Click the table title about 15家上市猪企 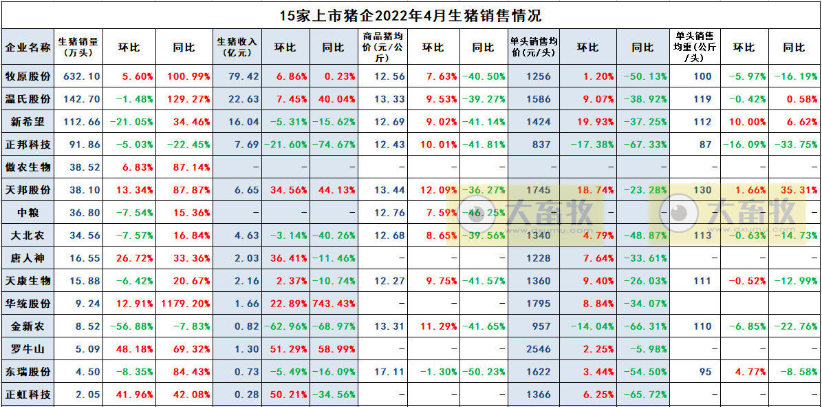pyautogui.click(x=410, y=14)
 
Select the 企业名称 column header pyautogui.click(x=28, y=48)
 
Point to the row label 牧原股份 pyautogui.click(x=28, y=76)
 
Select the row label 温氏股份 pyautogui.click(x=28, y=99)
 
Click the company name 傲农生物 pyautogui.click(x=28, y=167)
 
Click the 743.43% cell pyautogui.click(x=333, y=304)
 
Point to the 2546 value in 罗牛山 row pyautogui.click(x=539, y=349)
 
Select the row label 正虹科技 pyautogui.click(x=28, y=395)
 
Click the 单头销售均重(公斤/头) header pyautogui.click(x=695, y=47)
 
